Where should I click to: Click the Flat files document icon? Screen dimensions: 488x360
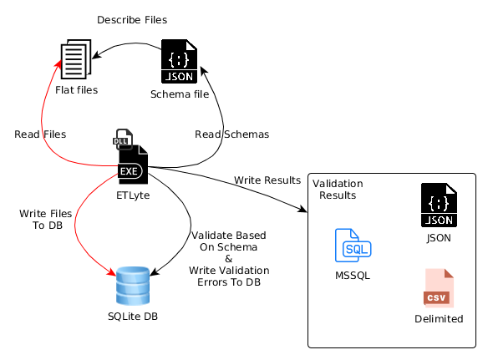[76, 59]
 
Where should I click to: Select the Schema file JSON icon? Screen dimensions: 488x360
[179, 61]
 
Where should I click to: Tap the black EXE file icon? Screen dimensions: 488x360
[133, 165]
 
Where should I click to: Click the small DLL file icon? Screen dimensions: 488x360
[123, 139]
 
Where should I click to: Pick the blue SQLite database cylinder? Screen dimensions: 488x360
[133, 286]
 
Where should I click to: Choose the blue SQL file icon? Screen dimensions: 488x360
[353, 246]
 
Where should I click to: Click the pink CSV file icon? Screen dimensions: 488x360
[439, 288]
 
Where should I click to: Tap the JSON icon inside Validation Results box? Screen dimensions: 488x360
[439, 205]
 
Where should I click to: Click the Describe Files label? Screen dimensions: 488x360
[132, 20]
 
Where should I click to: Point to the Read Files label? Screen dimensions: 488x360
[40, 134]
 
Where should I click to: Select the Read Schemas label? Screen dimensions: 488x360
[231, 134]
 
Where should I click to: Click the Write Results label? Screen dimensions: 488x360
[267, 180]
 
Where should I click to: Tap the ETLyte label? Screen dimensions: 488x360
[133, 195]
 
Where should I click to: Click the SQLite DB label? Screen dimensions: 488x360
[133, 317]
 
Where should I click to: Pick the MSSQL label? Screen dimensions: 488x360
[353, 276]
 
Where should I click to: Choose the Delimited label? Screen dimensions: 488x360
[439, 319]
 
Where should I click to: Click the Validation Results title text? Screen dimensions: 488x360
[338, 190]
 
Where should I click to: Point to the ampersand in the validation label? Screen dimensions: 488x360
[229, 259]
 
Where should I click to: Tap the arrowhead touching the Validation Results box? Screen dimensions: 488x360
[302, 209]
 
